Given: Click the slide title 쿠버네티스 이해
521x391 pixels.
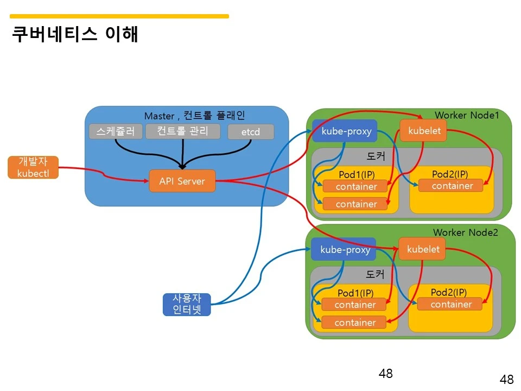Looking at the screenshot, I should click(75, 34).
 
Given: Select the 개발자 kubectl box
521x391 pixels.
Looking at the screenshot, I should click(33, 167).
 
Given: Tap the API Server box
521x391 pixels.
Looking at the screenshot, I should click(182, 181).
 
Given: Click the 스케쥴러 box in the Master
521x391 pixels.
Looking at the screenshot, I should click(116, 131).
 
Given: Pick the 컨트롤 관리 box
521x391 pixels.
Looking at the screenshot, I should click(183, 131).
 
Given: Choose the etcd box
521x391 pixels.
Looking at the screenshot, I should click(251, 132).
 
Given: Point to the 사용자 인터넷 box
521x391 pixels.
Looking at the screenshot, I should click(187, 305).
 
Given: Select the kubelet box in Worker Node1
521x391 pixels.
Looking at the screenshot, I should click(424, 131).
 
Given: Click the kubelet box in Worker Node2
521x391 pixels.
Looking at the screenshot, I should click(423, 249).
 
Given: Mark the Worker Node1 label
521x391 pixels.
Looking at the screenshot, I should click(466, 115).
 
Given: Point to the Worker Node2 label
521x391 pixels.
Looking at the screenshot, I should click(465, 232).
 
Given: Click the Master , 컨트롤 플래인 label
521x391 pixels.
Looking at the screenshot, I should click(194, 116).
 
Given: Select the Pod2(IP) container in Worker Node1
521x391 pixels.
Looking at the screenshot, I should click(452, 186).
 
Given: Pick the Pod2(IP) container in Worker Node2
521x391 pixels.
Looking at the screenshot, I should click(450, 304).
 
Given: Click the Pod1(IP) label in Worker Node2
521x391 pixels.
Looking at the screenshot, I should click(355, 293).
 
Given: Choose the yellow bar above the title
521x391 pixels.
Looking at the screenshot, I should click(120, 16).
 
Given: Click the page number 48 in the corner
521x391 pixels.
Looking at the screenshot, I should click(506, 380).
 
